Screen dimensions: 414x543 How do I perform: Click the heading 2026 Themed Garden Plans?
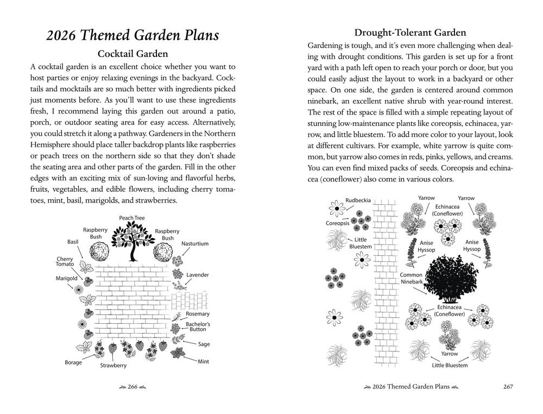(132, 36)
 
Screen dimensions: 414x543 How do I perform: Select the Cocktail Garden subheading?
(132, 54)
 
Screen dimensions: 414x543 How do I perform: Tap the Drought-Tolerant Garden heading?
(410, 33)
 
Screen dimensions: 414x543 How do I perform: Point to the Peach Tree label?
(132, 218)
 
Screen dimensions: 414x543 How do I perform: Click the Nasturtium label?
(195, 244)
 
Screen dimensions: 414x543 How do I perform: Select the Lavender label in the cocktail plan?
(198, 275)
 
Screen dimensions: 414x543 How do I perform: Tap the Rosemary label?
(197, 314)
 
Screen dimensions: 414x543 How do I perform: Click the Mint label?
(203, 361)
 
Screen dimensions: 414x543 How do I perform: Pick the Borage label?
(73, 362)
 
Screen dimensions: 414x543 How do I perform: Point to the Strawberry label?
(113, 366)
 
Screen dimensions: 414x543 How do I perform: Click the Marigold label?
(66, 278)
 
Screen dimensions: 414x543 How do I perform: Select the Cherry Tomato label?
(65, 261)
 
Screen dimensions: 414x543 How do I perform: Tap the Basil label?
(73, 241)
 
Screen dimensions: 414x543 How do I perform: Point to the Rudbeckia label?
(358, 200)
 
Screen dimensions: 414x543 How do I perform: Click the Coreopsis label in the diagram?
(337, 223)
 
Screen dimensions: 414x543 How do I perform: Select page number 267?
(508, 387)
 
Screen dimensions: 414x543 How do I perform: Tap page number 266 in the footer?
(132, 387)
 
